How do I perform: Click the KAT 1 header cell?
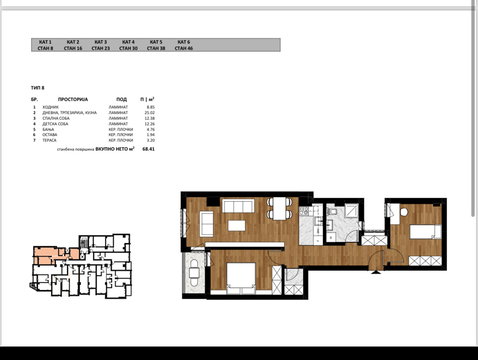(x=45, y=41)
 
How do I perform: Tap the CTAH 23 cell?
(x=100, y=47)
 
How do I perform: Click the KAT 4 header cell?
(x=128, y=41)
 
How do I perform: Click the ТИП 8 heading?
(x=39, y=88)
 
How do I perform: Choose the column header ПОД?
(x=121, y=100)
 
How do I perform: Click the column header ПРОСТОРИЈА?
(x=71, y=100)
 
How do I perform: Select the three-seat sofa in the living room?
(x=237, y=207)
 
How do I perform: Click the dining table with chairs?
(x=279, y=209)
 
